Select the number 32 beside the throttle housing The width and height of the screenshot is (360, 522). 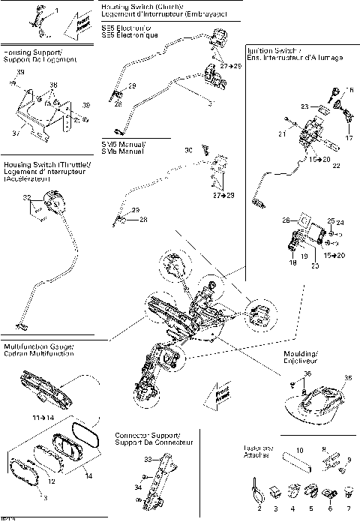click(28, 197)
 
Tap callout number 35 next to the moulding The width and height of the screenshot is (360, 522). click(346, 378)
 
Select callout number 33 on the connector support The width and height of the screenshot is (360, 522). click(147, 458)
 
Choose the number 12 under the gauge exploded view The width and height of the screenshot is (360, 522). click(52, 481)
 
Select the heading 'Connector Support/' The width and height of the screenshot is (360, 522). click(147, 435)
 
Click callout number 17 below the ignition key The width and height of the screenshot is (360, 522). click(348, 137)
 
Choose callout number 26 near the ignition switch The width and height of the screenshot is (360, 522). click(286, 220)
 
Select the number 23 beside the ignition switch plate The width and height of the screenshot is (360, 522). click(304, 107)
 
